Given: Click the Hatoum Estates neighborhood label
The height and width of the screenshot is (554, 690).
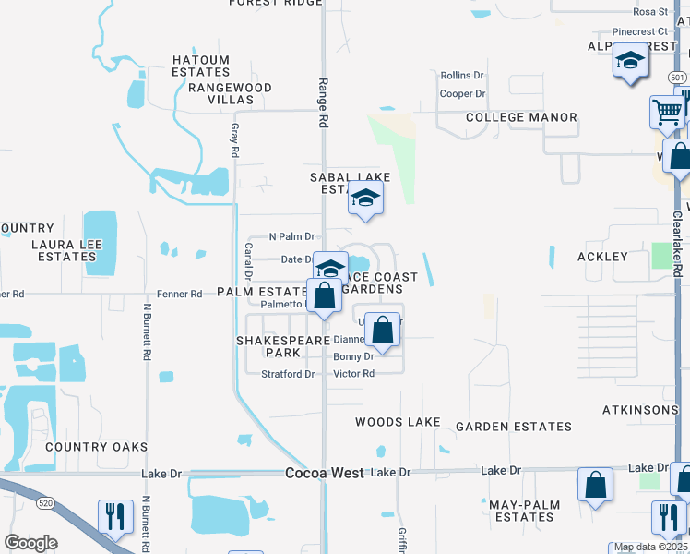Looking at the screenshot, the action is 201,66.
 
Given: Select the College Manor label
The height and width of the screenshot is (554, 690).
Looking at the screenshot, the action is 521,117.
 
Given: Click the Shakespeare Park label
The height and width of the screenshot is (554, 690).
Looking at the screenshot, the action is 284,346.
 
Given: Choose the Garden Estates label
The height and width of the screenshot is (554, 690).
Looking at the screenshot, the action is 514,427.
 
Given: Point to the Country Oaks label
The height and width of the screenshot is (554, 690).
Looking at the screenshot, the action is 96,447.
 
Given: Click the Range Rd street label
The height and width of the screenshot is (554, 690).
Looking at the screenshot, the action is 324,82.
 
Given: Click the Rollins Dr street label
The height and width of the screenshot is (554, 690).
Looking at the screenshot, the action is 462,75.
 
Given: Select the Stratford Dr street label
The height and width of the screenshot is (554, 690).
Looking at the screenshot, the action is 288,374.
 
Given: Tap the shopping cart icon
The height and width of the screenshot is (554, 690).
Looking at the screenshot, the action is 666,113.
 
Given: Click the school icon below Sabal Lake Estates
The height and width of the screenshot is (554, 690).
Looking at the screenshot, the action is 365,198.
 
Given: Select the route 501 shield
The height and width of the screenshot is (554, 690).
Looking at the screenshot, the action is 677,78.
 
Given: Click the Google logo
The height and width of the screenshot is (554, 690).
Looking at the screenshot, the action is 30,543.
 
